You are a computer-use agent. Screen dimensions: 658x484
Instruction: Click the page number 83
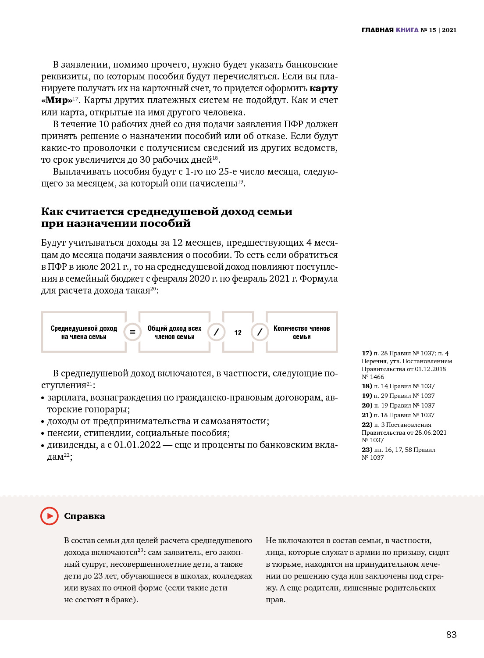(x=451, y=634)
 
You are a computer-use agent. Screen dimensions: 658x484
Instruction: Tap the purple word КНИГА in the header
(x=407, y=30)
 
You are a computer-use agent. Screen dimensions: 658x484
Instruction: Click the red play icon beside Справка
(x=50, y=516)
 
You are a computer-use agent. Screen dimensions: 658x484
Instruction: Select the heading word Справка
(x=85, y=516)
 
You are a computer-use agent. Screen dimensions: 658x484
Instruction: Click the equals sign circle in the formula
(x=132, y=332)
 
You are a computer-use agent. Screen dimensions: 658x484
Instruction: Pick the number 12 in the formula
(x=238, y=333)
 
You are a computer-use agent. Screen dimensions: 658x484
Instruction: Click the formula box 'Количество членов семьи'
(x=302, y=332)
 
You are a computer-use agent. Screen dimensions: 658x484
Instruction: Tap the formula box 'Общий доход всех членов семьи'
(x=174, y=332)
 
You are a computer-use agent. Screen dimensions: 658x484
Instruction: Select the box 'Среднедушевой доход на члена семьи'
(x=84, y=332)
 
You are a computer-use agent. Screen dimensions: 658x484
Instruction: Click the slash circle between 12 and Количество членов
(x=260, y=332)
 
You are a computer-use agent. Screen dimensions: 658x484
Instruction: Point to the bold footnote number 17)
(x=367, y=353)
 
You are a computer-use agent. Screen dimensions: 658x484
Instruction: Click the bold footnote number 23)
(x=367, y=450)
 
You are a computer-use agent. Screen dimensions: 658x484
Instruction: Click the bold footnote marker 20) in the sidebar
(x=367, y=405)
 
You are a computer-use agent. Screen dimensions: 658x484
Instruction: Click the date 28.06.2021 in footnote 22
(x=431, y=433)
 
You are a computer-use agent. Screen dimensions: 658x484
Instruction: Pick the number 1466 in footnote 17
(x=377, y=377)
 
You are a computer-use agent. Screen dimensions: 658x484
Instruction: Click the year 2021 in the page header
(x=449, y=30)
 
